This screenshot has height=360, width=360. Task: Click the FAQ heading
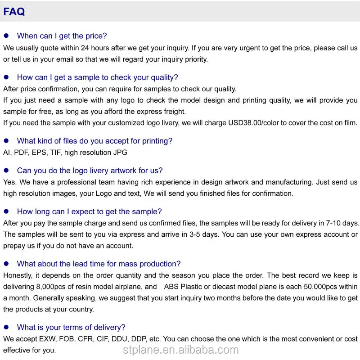[x=14, y=12]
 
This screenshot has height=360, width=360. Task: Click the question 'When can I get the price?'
[x=62, y=36]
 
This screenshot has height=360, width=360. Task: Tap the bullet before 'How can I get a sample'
[x=6, y=77]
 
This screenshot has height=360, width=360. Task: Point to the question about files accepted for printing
[x=94, y=141]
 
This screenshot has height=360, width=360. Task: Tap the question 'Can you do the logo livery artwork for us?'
[x=90, y=171]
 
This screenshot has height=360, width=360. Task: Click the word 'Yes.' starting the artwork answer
[x=9, y=182]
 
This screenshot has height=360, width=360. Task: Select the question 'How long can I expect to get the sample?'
[x=89, y=211]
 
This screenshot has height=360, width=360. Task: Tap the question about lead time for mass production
[x=99, y=264]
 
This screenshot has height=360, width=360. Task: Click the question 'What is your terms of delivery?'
[x=71, y=327]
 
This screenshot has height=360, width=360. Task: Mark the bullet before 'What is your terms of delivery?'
[x=6, y=327]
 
